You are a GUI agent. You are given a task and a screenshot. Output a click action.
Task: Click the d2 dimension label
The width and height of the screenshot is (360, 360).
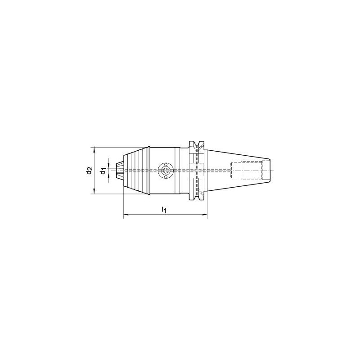(89, 171)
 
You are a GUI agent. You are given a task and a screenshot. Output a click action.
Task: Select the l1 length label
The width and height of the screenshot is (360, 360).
(164, 210)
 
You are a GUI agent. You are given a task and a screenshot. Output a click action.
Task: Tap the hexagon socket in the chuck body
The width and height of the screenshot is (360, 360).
(166, 171)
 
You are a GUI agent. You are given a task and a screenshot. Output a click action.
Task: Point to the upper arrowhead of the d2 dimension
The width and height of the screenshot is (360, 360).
(94, 150)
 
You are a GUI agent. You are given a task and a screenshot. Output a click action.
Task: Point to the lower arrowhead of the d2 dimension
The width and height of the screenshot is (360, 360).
(94, 191)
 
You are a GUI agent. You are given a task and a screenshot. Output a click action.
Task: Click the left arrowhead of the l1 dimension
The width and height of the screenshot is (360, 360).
(126, 215)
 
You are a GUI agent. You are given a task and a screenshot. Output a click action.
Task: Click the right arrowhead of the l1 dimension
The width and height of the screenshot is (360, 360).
(205, 215)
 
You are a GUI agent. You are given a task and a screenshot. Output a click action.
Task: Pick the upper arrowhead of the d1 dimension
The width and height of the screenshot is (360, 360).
(108, 165)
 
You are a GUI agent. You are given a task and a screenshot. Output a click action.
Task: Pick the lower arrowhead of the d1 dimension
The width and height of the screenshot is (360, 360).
(108, 176)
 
